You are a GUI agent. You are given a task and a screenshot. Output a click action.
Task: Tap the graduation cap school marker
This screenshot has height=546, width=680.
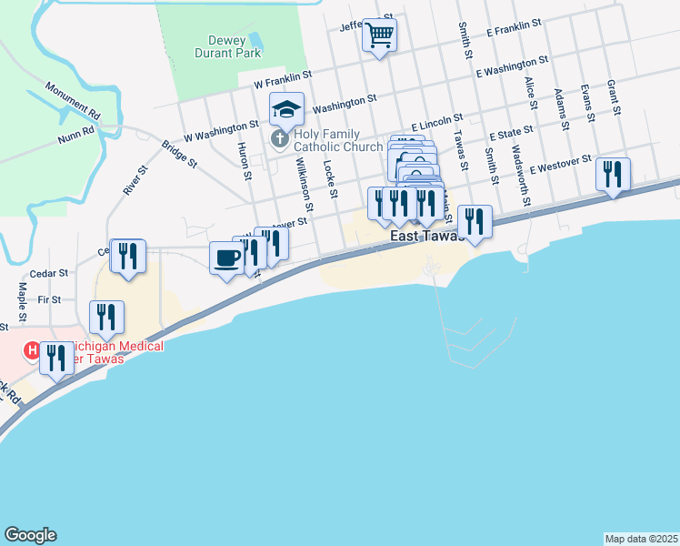[x=286, y=110]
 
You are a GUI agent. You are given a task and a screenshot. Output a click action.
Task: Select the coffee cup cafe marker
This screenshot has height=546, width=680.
[x=226, y=258]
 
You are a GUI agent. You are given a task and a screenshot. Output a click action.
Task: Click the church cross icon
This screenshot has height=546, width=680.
[x=280, y=139]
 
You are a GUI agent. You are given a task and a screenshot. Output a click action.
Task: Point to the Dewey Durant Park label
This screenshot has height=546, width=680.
[x=227, y=46]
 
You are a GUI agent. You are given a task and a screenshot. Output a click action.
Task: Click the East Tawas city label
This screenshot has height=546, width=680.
[x=426, y=237]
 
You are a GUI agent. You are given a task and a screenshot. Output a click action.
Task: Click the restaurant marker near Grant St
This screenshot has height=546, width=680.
[x=614, y=173]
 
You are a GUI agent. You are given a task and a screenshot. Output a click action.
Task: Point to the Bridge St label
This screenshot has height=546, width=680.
[x=179, y=154]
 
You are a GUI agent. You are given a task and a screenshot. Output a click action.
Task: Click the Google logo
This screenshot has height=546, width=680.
[x=30, y=535]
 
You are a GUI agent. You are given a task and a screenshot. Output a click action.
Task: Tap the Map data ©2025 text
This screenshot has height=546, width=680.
[x=640, y=538]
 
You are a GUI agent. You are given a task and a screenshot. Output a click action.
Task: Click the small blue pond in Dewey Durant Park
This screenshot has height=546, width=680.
[x=255, y=40]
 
